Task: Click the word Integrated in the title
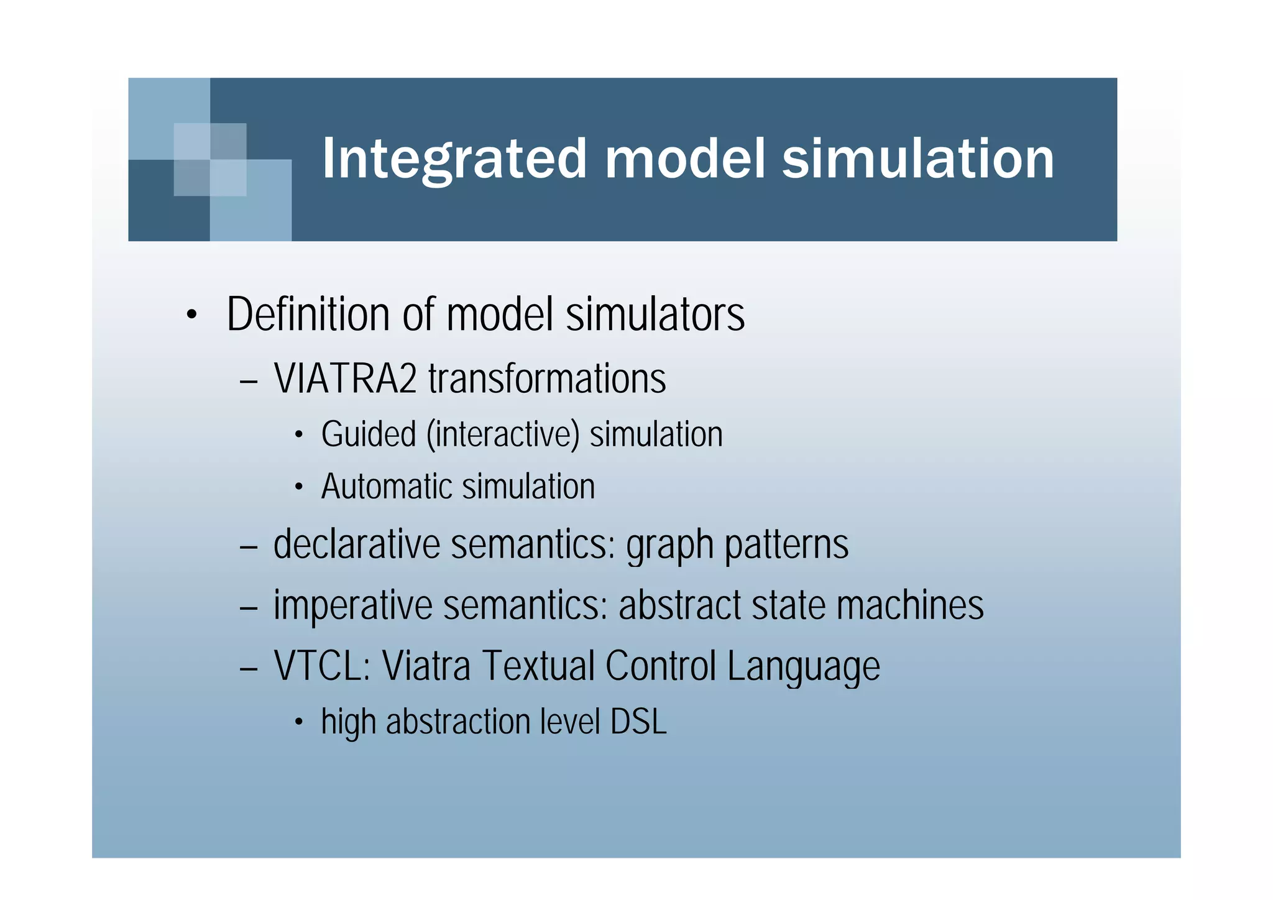coord(454,159)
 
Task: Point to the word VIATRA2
coord(345,379)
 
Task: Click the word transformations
coord(547,379)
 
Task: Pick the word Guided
coord(368,434)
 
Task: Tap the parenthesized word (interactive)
coord(503,434)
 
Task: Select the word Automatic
coord(386,487)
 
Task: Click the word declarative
coord(357,544)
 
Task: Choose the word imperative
coord(352,605)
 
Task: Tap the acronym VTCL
coord(322,666)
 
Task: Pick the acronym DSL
coord(638,722)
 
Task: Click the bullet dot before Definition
coord(191,316)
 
